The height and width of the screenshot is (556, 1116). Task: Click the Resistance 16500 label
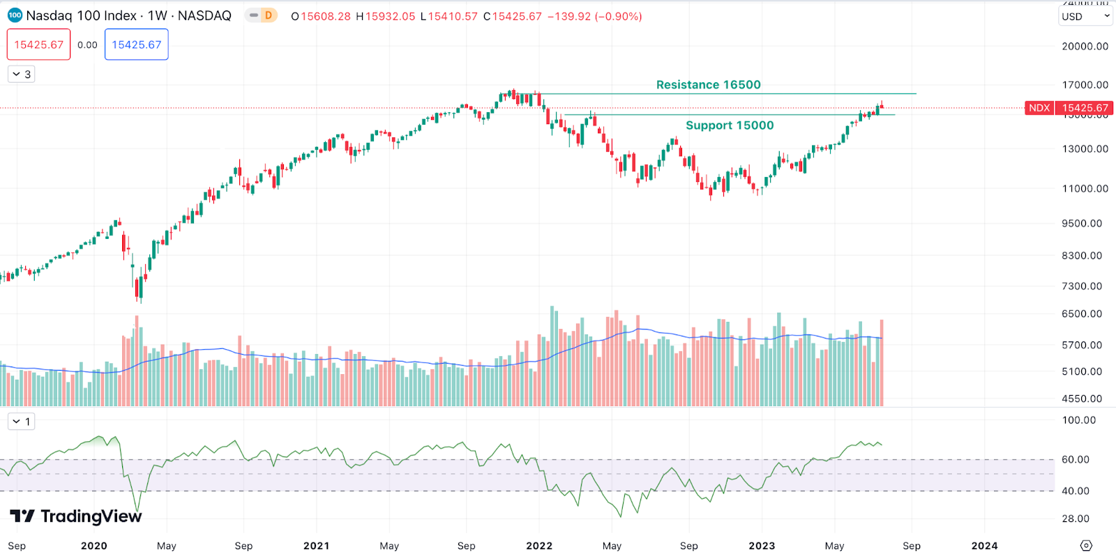708,85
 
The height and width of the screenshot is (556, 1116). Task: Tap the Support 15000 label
730,125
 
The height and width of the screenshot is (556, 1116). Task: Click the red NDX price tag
1039,108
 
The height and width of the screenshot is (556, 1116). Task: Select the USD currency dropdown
1085,16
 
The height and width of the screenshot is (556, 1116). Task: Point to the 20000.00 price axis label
1085,46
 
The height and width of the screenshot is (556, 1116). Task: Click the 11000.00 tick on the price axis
1085,189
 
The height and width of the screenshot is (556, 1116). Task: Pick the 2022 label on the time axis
539,546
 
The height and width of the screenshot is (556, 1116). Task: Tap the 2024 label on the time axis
984,546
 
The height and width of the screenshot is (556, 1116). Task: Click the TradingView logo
76,516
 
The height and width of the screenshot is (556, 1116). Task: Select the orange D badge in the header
269,15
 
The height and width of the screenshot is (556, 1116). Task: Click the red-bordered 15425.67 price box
39,45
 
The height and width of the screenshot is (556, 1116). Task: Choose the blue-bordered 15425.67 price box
137,45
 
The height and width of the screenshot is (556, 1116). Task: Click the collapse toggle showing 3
22,74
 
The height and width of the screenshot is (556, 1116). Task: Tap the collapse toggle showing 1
22,422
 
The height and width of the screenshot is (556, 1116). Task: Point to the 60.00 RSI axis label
1075,460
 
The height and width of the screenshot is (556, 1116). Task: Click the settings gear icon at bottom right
1086,546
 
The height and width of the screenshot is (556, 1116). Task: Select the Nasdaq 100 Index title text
81,15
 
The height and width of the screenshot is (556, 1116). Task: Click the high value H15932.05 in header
385,16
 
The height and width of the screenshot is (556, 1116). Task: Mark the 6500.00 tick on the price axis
1082,314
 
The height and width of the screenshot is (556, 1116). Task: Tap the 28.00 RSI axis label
1075,519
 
